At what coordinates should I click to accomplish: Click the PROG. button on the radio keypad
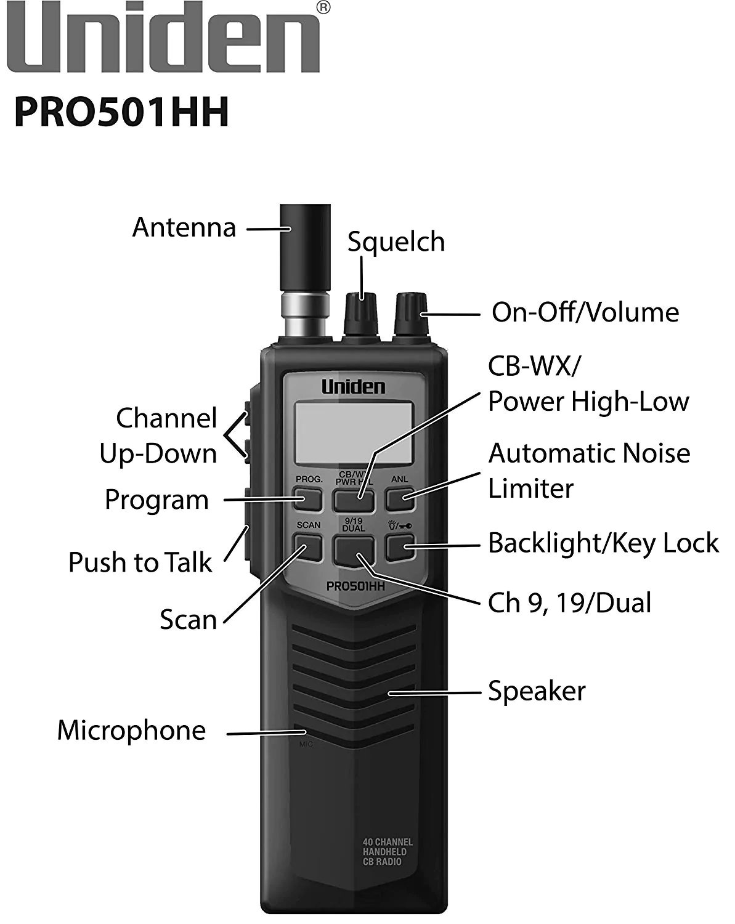click(308, 498)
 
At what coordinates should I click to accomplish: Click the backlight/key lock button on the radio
click(400, 546)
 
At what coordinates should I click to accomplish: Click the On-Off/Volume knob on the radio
click(411, 314)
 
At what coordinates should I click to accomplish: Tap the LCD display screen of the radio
click(353, 433)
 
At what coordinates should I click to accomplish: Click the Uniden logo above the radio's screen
click(353, 387)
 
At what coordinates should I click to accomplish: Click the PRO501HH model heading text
click(121, 111)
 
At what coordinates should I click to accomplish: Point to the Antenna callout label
click(184, 227)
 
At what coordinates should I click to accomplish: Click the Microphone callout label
click(131, 731)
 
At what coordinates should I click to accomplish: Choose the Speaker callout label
click(536, 691)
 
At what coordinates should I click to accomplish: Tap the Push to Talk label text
click(140, 562)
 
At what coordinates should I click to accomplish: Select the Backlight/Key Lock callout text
click(603, 543)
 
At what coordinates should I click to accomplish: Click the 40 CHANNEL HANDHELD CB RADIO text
click(387, 851)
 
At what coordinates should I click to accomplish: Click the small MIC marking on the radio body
click(306, 744)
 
